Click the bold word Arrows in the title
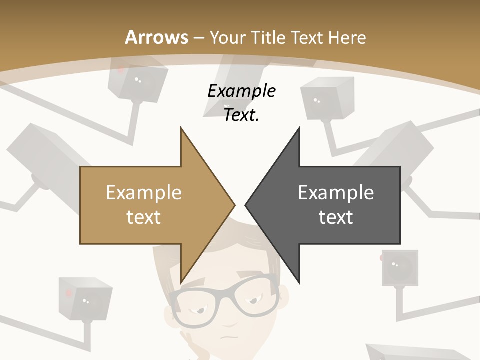point(157,37)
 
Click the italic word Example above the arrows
point(241,91)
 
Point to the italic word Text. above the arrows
point(241,115)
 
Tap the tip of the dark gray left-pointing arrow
point(246,205)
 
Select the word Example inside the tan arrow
point(144,193)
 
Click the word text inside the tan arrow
point(144,217)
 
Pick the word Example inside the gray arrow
point(336,193)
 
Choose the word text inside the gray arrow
point(336,217)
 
